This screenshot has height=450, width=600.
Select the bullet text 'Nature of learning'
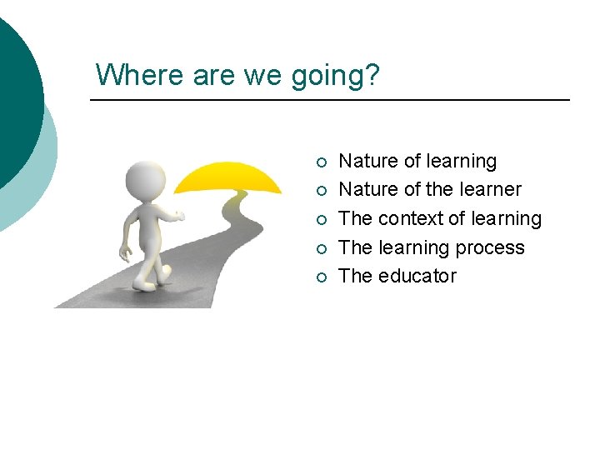click(417, 161)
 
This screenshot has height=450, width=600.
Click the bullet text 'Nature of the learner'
click(429, 190)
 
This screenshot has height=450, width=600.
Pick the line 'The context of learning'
click(440, 218)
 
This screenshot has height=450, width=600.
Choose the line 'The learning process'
click(432, 247)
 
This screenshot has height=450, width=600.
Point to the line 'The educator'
click(397, 276)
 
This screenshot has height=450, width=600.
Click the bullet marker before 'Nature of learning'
click(322, 162)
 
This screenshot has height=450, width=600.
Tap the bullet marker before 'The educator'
click(322, 277)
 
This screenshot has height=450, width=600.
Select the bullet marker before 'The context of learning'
click(322, 219)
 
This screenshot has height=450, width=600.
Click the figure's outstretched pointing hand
click(177, 217)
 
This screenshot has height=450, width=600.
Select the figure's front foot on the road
click(165, 274)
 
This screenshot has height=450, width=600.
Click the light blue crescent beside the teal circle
click(42, 183)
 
